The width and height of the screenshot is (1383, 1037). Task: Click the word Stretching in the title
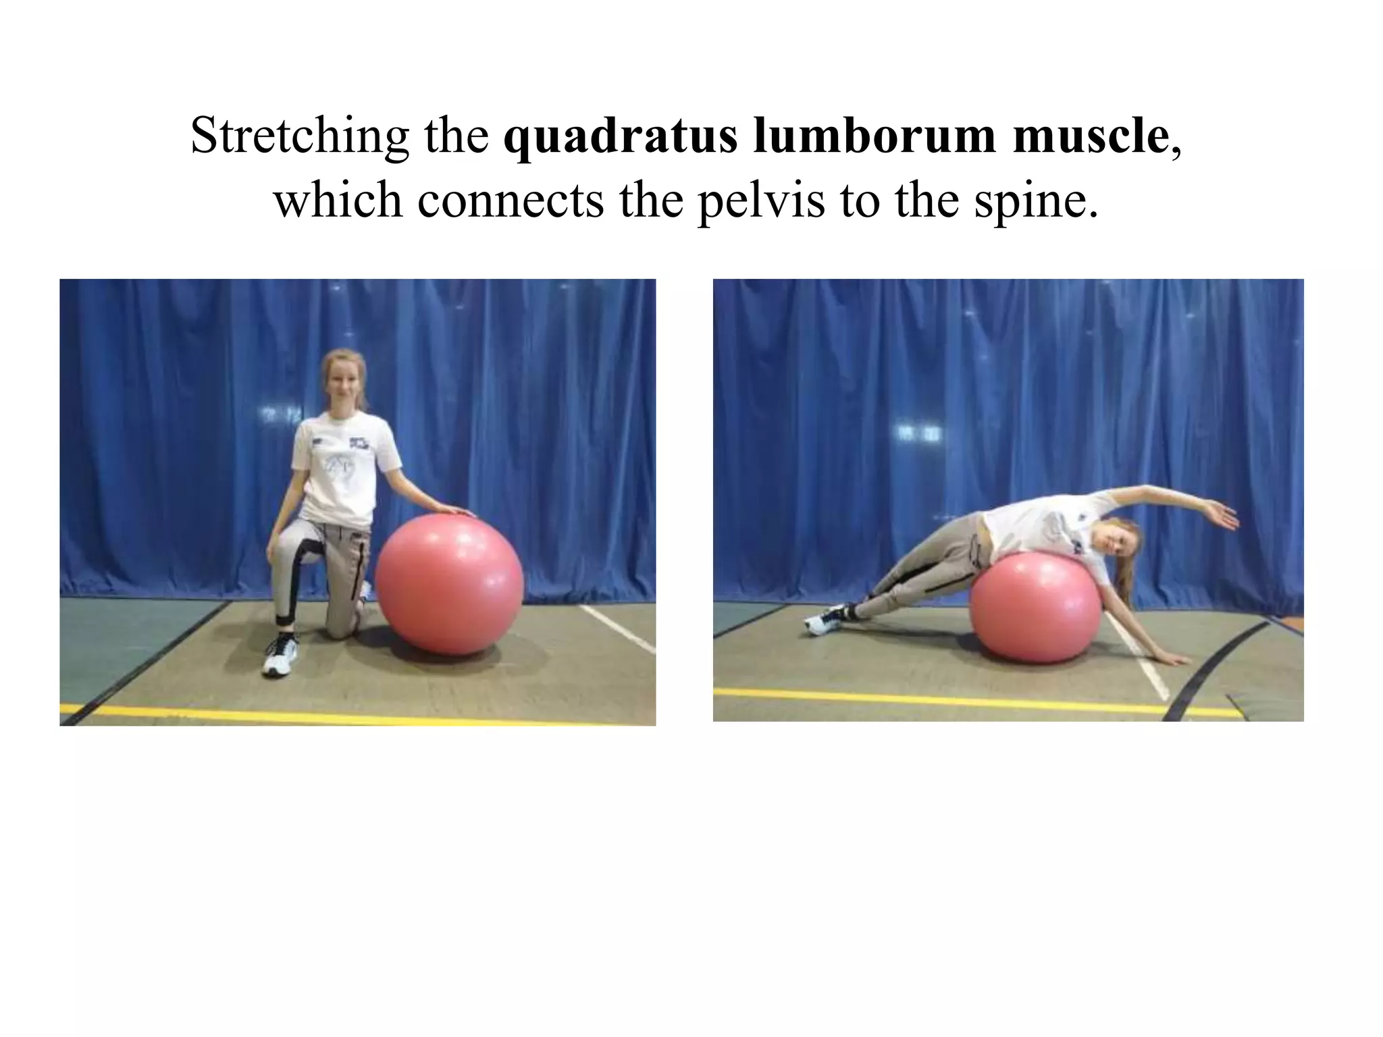(x=299, y=136)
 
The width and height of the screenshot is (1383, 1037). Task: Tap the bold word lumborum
(x=875, y=136)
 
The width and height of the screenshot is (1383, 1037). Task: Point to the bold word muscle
(x=1091, y=136)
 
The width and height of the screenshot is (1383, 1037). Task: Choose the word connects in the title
(x=511, y=201)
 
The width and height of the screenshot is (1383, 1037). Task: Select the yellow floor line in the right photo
(x=945, y=700)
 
